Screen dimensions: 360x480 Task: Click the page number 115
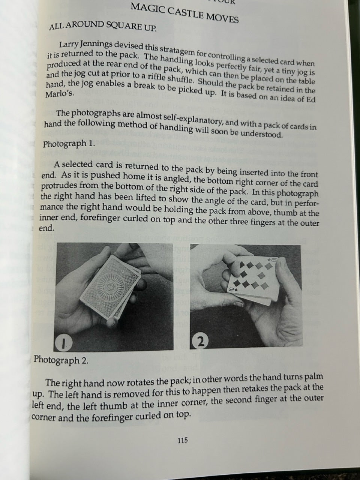(x=183, y=440)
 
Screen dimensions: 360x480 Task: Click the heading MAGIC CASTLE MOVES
(x=184, y=13)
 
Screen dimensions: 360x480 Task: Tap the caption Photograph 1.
(x=69, y=144)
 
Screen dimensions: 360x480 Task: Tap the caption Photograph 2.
(x=61, y=360)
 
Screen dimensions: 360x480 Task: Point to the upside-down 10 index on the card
(x=232, y=289)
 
